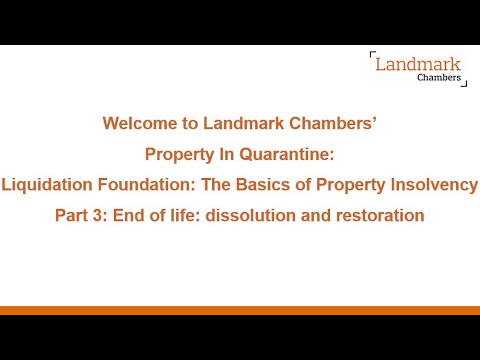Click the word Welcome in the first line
tap(135, 124)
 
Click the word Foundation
tap(139, 185)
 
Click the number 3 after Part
tap(96, 215)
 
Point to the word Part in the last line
tap(71, 215)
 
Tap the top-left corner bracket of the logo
tap(372, 54)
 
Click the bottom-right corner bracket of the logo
tap(464, 87)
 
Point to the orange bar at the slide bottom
tap(240, 310)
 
